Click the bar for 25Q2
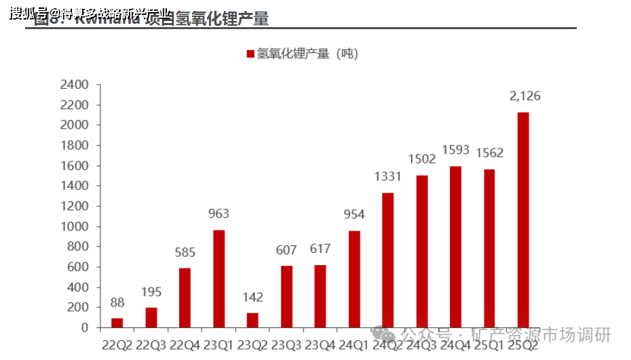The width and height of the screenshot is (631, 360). tap(523, 220)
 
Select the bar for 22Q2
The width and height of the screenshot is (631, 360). tap(117, 323)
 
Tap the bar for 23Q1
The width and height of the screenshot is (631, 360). tap(218, 279)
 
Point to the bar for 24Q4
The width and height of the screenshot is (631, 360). tap(455, 247)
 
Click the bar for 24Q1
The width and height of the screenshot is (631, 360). tap(354, 279)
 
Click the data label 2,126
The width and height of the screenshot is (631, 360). tap(524, 96)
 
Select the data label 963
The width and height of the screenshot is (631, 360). tap(218, 214)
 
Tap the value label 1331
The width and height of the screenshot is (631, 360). tap(388, 177)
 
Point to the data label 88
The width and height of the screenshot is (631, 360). tap(117, 303)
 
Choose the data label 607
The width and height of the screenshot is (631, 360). tap(286, 250)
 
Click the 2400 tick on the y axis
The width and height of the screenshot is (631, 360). tap(75, 85)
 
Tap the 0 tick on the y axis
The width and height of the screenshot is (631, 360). tap(85, 327)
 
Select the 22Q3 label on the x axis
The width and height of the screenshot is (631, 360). tap(151, 344)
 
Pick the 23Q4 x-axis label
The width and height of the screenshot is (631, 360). tap(320, 344)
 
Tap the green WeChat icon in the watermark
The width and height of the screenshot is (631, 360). tap(385, 335)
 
